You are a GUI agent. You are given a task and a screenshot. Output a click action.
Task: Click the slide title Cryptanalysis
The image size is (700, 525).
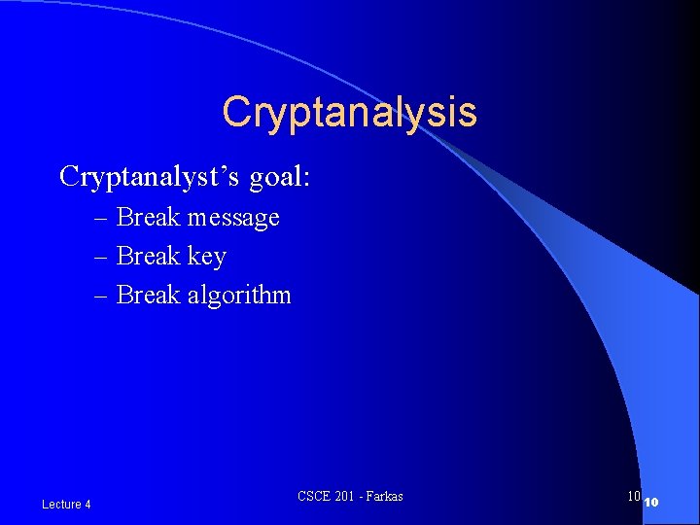pos(349,112)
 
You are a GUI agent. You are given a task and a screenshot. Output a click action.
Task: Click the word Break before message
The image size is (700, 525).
pos(148,217)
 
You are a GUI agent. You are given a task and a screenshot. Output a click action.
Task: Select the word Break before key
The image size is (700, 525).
pos(148,256)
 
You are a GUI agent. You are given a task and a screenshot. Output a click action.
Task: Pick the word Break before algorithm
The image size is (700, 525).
pos(148,295)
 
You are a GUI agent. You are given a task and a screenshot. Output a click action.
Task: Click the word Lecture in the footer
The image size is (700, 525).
pos(61,504)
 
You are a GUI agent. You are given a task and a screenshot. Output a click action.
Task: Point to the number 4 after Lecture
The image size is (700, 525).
pos(87,504)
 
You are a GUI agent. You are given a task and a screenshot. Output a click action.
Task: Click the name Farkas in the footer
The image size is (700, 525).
pos(384,497)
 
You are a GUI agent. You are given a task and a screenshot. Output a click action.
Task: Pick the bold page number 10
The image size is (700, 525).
pos(652,502)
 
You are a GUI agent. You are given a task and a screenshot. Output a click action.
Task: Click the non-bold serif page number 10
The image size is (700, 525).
pos(633,497)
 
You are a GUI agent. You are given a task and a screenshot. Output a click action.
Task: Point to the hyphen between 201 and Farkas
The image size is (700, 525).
pos(362,498)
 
